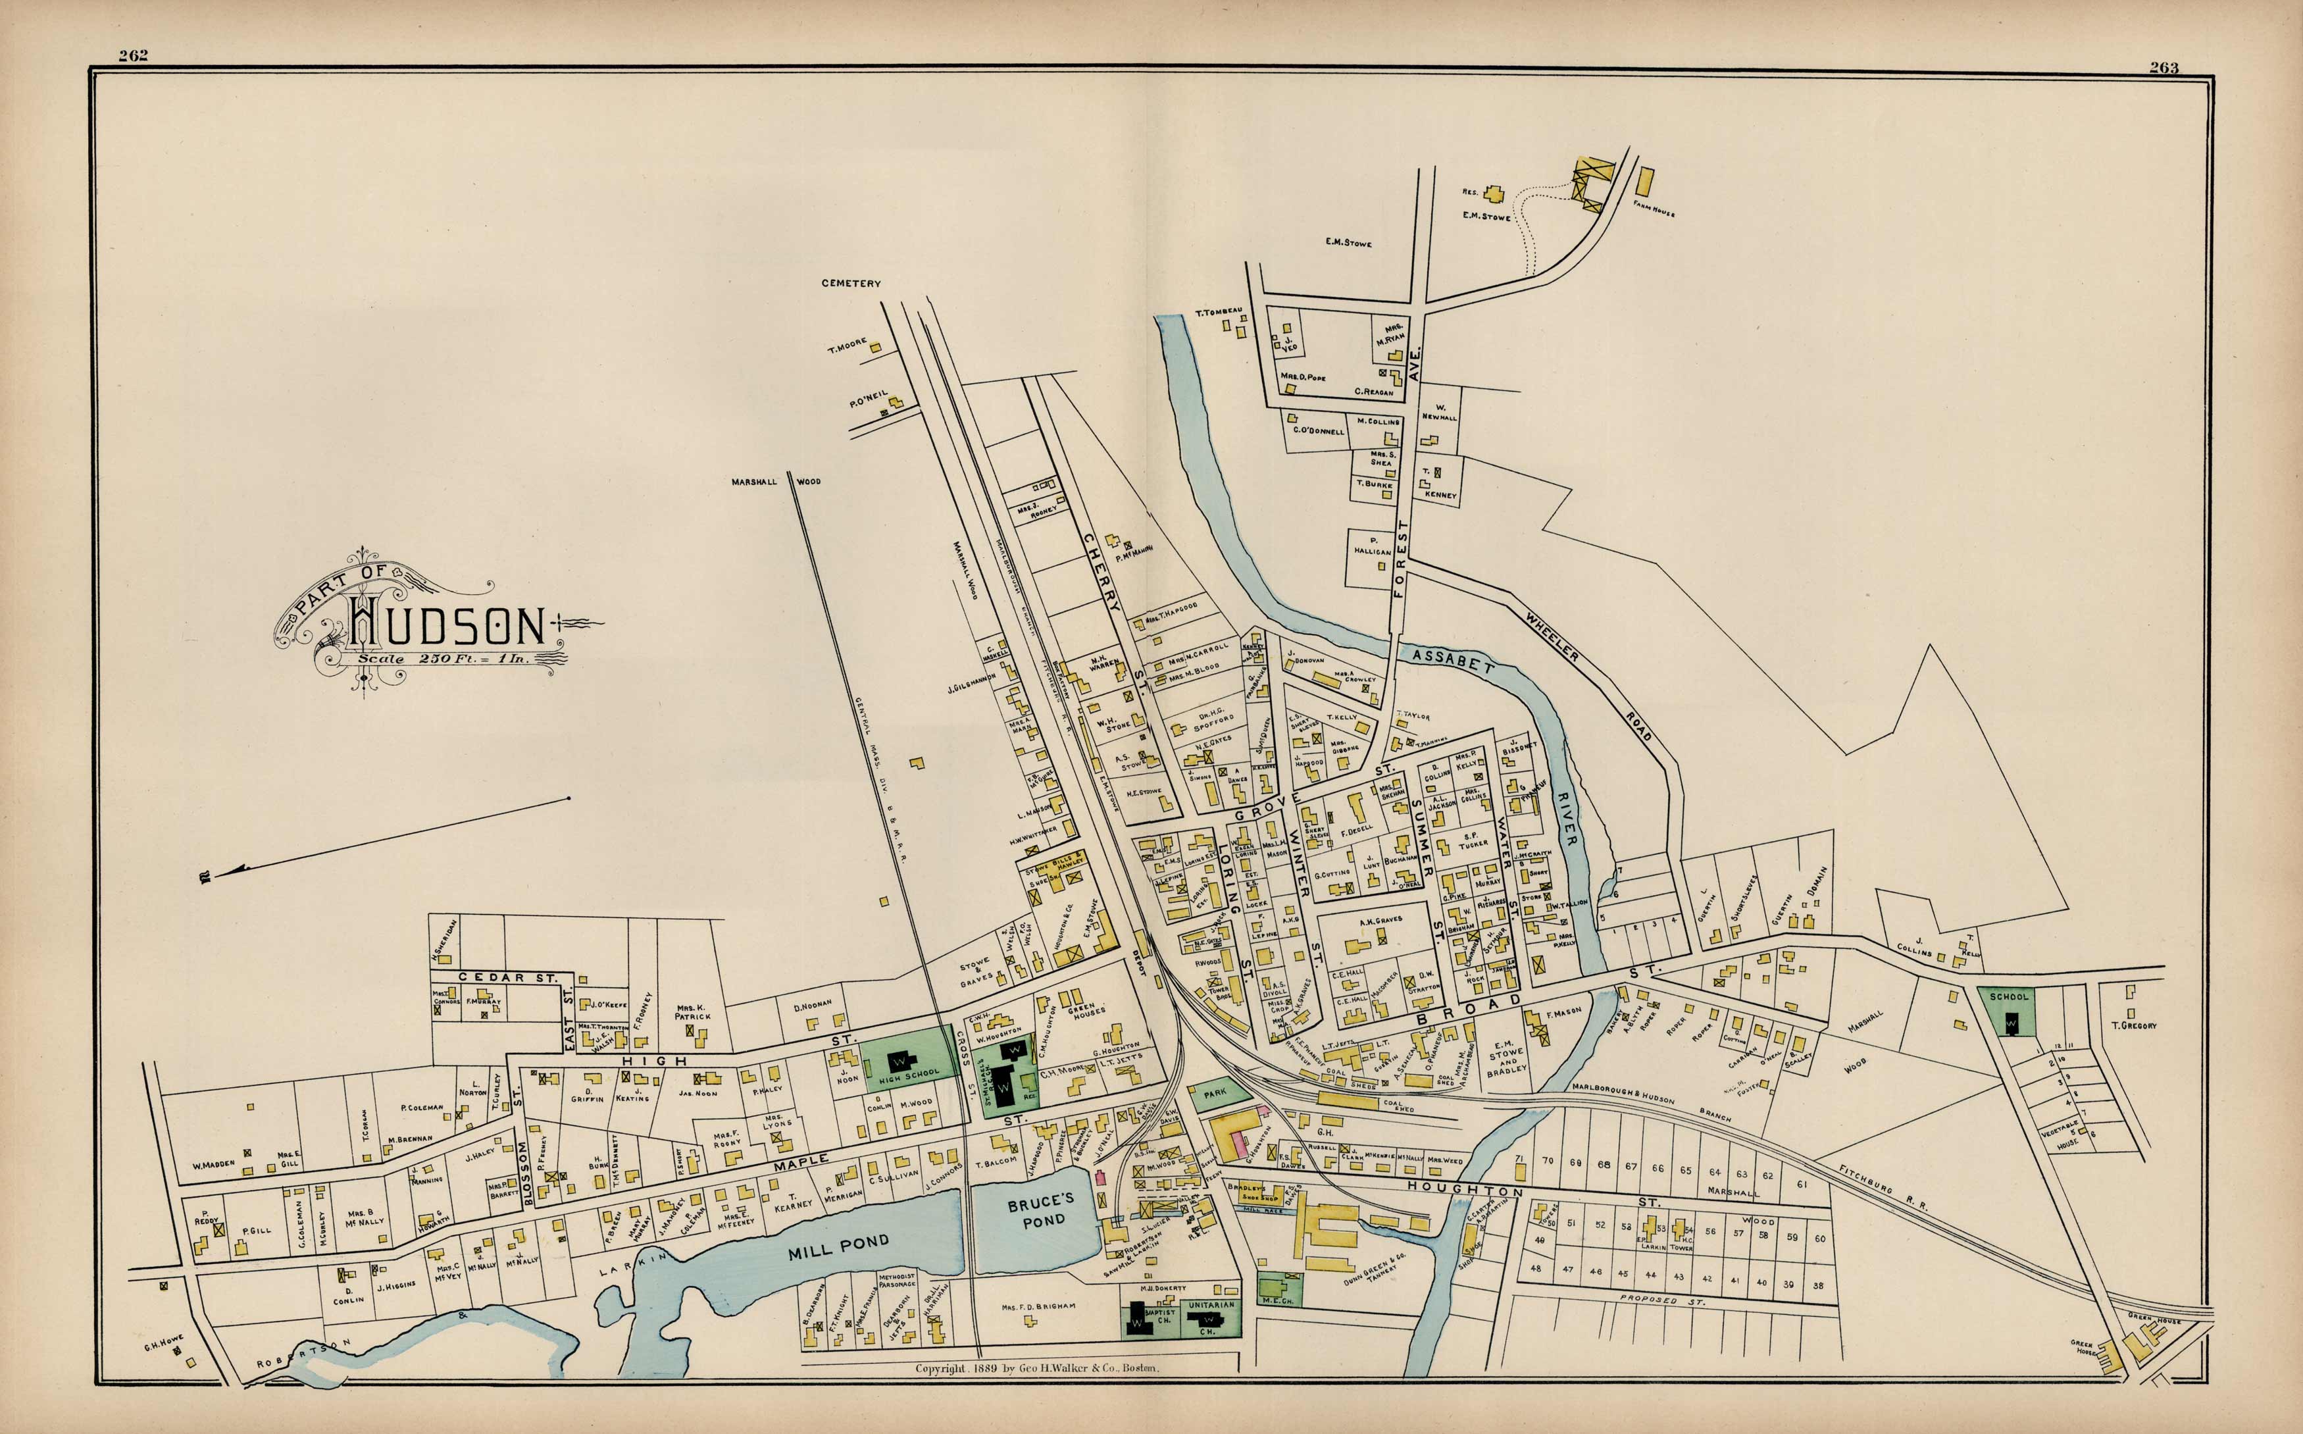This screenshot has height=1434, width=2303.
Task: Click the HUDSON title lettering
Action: tap(445, 623)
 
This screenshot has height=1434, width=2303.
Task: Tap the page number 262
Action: tap(133, 55)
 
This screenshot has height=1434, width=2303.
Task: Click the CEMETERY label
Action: tap(851, 282)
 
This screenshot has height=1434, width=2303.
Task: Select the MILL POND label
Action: tap(838, 1247)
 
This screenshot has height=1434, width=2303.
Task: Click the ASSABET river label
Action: tap(1452, 661)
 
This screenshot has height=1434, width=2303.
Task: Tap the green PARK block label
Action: tap(1215, 1092)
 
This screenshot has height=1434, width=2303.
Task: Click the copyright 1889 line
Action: tap(1036, 1369)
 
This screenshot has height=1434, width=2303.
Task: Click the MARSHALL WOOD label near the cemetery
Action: tap(776, 482)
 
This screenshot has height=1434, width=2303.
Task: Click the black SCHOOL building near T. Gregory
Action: tap(2010, 1023)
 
